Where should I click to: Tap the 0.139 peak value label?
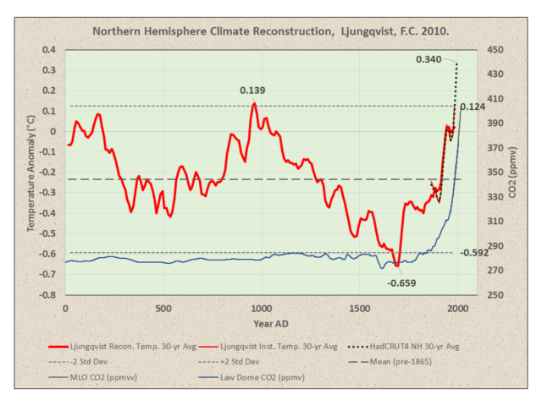point(253,91)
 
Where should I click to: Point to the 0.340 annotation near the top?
point(429,59)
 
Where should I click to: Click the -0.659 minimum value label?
point(401,283)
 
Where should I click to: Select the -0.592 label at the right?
point(475,252)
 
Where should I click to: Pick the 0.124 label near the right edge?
point(472,107)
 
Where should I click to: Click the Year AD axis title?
point(261,323)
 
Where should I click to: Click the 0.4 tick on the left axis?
point(49,49)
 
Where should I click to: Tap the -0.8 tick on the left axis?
point(47,296)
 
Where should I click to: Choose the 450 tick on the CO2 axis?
point(495,49)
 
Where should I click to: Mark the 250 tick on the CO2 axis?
point(495,296)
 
